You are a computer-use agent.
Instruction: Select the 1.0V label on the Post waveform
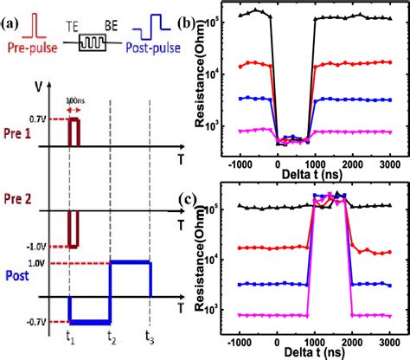pyautogui.click(x=58, y=264)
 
